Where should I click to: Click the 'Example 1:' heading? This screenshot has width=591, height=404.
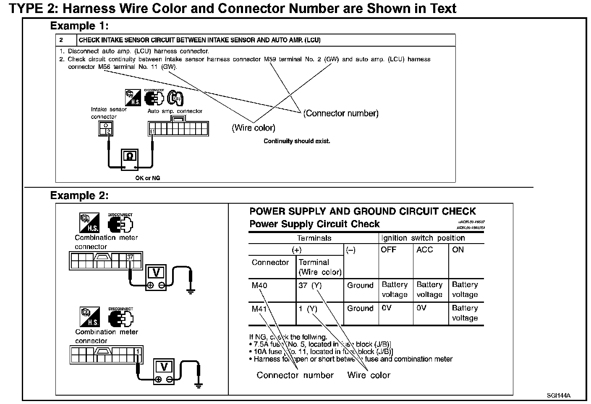pyautogui.click(x=79, y=26)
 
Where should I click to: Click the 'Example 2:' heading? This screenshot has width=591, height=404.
pyautogui.click(x=79, y=196)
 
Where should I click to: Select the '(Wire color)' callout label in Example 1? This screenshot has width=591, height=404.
pyautogui.click(x=254, y=128)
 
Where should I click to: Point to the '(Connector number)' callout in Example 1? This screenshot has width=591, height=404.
pyautogui.click(x=341, y=113)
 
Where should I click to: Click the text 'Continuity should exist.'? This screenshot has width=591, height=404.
pyautogui.click(x=297, y=141)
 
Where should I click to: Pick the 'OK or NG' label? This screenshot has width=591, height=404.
pyautogui.click(x=147, y=178)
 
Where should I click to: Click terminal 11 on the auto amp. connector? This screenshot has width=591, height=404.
pyautogui.click(x=152, y=132)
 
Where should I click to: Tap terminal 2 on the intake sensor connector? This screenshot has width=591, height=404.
pyautogui.click(x=108, y=131)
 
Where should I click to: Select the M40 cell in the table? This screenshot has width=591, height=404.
pyautogui.click(x=259, y=286)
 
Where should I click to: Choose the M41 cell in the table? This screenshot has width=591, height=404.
pyautogui.click(x=259, y=309)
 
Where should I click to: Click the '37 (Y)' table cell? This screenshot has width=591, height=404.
pyautogui.click(x=310, y=286)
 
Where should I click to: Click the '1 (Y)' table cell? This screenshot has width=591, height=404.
pyautogui.click(x=308, y=309)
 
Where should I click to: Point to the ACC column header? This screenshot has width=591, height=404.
pyautogui.click(x=424, y=250)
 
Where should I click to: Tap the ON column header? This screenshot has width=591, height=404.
pyautogui.click(x=458, y=250)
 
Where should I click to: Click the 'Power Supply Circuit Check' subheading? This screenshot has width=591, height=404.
pyautogui.click(x=314, y=224)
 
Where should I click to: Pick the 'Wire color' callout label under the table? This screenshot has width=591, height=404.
pyautogui.click(x=369, y=375)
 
